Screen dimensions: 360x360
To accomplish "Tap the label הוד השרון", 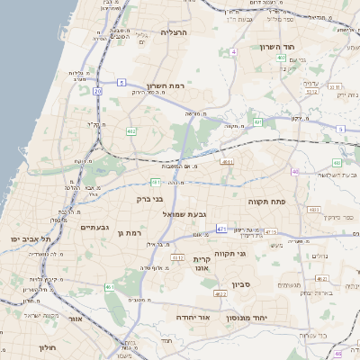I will coord(277,46).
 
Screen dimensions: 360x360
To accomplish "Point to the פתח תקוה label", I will coord(265,202).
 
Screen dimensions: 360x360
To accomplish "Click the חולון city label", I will coord(49,346).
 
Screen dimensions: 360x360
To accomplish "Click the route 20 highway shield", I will coord(96,91).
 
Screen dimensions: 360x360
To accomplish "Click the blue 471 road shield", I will coord(221,230).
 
